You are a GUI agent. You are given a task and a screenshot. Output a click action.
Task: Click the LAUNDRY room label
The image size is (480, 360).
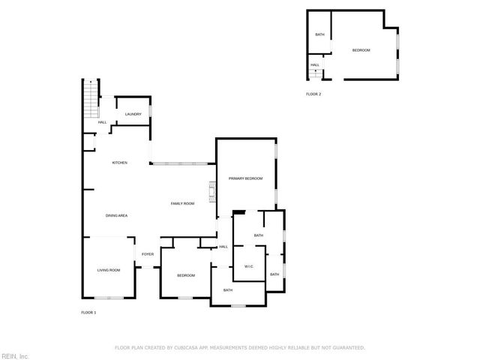[x=133, y=114]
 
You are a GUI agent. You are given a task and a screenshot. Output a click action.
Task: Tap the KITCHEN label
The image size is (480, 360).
[x=120, y=163]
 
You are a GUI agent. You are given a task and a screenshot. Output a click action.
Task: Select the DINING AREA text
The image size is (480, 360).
[x=116, y=216]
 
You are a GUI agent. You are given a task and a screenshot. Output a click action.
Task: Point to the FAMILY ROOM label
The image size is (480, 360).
[x=182, y=204]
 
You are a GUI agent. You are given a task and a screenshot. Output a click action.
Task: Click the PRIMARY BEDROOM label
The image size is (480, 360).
[x=246, y=178]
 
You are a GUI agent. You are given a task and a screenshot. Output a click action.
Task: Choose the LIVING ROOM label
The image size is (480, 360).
[x=109, y=270]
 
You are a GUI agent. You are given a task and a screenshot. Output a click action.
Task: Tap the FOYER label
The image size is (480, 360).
[x=148, y=254]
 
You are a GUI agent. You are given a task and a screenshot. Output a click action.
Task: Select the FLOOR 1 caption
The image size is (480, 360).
[x=88, y=312]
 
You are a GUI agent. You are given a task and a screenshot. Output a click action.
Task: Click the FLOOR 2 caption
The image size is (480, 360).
[x=313, y=94]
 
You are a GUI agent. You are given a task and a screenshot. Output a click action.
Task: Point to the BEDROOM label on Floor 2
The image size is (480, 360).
[x=361, y=50]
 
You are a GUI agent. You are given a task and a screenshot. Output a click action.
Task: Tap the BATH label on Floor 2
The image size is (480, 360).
[x=319, y=34]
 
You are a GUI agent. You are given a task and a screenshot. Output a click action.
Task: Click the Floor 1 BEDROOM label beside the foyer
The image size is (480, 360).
[x=186, y=276]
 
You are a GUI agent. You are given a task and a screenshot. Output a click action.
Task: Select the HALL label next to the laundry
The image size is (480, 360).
[x=102, y=122]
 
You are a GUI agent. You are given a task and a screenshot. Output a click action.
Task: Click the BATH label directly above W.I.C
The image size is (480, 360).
[x=259, y=235]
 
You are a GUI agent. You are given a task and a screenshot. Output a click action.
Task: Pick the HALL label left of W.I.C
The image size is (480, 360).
[x=223, y=247]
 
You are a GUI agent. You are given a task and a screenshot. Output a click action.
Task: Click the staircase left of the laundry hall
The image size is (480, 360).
[x=91, y=99]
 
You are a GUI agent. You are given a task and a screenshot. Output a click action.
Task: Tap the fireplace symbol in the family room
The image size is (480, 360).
[x=213, y=193]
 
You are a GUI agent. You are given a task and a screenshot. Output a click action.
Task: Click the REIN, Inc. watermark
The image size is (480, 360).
[x=15, y=355]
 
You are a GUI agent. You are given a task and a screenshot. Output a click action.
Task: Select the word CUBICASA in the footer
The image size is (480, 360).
[x=191, y=348]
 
